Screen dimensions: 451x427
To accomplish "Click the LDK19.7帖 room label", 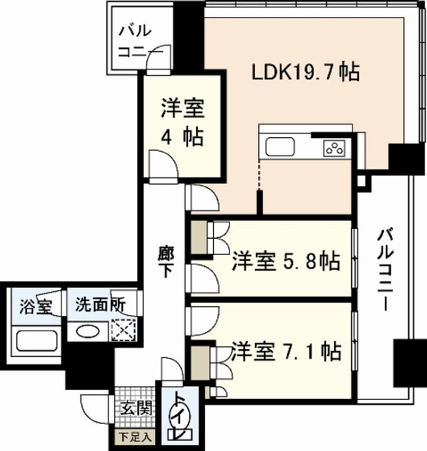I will tap(305, 73).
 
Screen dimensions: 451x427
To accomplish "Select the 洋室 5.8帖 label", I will tap(286, 261).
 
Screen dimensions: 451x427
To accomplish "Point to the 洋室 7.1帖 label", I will tap(286, 351).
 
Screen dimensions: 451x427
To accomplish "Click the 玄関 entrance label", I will tap(135, 410).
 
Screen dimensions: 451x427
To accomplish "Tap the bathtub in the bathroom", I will tap(36, 341).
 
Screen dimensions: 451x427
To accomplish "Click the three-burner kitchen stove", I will tap(334, 148).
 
